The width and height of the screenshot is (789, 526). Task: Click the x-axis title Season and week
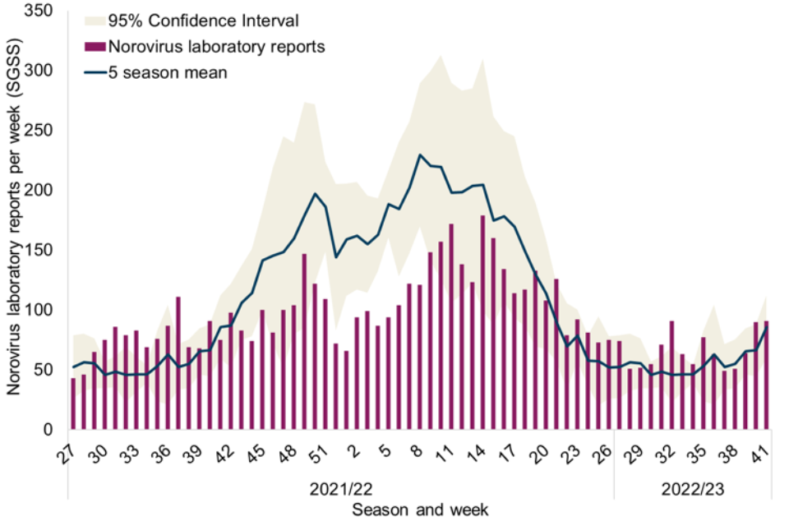pos(420,510)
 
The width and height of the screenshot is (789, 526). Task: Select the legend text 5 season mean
pos(168,72)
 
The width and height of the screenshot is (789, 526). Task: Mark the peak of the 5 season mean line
pos(420,155)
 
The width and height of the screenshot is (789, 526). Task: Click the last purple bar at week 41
pos(766,375)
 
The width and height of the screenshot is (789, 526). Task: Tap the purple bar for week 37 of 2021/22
pos(178,362)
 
